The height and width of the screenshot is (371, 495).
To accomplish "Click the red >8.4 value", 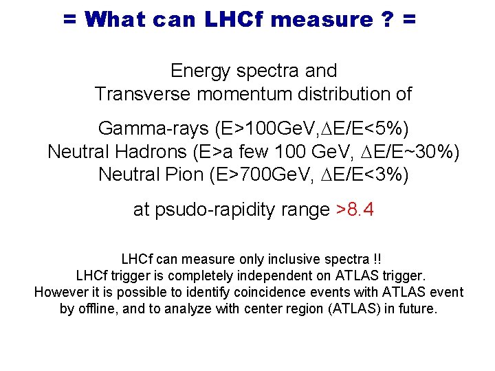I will pyautogui.click(x=355, y=210).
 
